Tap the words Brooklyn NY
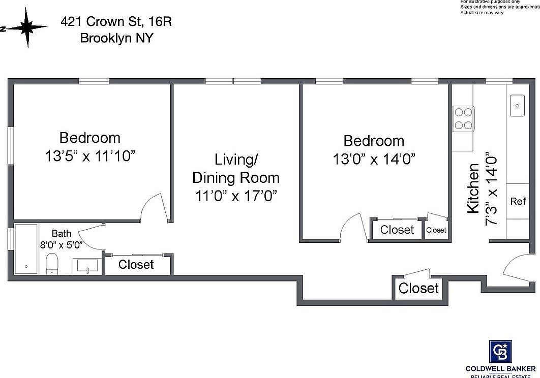click(116, 38)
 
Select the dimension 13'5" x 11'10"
click(89, 156)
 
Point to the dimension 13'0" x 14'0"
click(374, 159)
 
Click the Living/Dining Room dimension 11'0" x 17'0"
click(235, 196)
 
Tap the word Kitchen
click(473, 188)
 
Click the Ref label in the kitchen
click(518, 201)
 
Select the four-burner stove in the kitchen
click(463, 118)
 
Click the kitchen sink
click(518, 105)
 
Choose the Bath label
click(62, 234)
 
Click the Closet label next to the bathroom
click(136, 265)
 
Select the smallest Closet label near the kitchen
click(436, 230)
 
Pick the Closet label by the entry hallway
click(418, 289)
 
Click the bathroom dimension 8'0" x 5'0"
click(62, 244)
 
